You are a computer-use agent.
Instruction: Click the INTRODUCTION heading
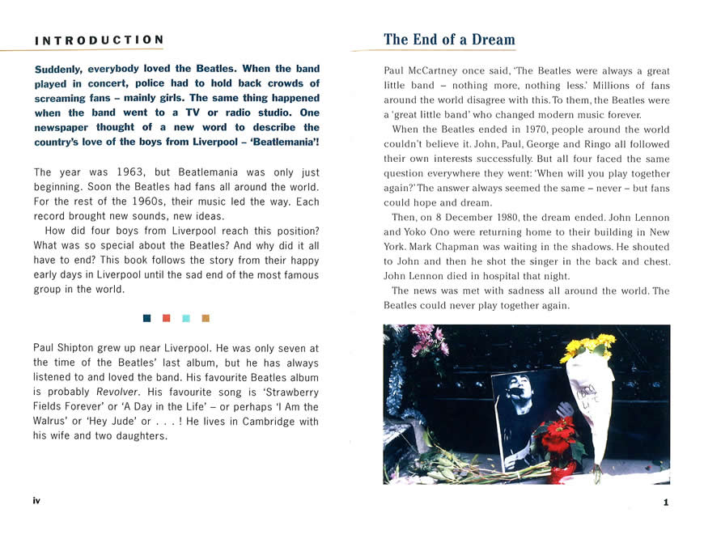point(100,40)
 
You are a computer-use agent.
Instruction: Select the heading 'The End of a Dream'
point(449,40)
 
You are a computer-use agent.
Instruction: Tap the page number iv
point(36,501)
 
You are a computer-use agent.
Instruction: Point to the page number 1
point(666,502)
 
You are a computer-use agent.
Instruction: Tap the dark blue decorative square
point(146,318)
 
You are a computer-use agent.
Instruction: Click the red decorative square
point(166,318)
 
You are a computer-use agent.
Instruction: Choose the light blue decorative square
point(186,318)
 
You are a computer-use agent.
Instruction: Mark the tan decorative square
point(206,318)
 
